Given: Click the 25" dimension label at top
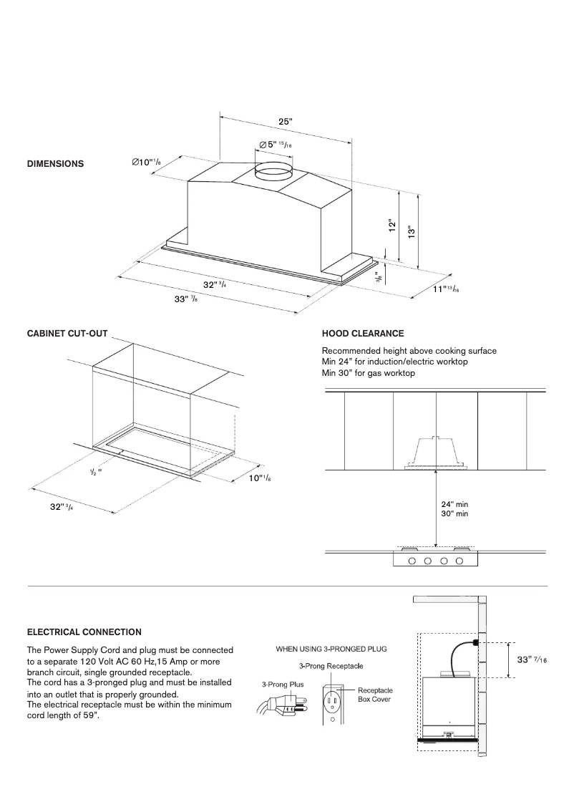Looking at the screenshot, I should pos(285,122).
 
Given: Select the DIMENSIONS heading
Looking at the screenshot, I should pos(55,164).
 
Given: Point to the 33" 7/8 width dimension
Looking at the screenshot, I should pos(186,299).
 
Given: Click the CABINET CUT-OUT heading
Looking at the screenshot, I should pos(67,334).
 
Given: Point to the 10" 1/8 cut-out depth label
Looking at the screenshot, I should pos(260,478).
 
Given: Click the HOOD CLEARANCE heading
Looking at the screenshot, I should pos(363,334).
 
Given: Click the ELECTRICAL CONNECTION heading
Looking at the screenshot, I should pos(84,632).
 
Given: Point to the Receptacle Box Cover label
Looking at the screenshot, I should pos(374,695).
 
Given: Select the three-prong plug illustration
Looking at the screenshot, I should pos(279,707).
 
